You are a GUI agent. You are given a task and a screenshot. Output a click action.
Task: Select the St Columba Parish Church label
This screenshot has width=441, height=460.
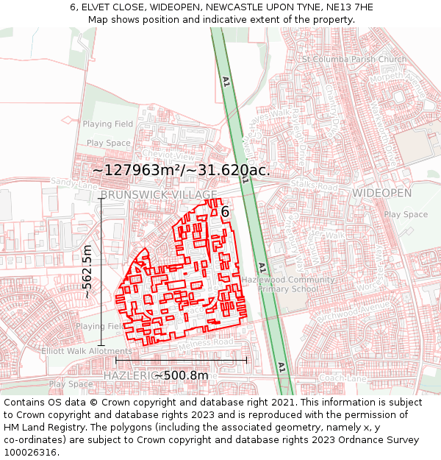point(354,60)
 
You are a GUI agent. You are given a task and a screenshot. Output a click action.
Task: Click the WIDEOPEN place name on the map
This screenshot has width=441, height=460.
point(381,193)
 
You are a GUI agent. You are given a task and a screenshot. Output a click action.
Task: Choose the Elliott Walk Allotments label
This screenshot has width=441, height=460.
point(87,351)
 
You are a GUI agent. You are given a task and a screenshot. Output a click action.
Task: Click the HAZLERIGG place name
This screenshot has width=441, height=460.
point(129,375)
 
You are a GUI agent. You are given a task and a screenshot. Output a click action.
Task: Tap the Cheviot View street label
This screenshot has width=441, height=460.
point(171,157)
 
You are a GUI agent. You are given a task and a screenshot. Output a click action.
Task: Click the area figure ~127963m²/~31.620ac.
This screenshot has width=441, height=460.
point(181,170)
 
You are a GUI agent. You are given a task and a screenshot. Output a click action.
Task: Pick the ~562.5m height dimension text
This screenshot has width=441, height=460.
point(87,271)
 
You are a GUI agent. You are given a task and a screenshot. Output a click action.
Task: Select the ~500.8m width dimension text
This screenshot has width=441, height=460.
point(182,375)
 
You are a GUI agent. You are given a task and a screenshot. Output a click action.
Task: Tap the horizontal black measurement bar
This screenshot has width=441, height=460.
point(181,360)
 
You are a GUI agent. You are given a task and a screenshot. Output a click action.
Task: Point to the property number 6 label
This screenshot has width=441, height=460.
point(225,212)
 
